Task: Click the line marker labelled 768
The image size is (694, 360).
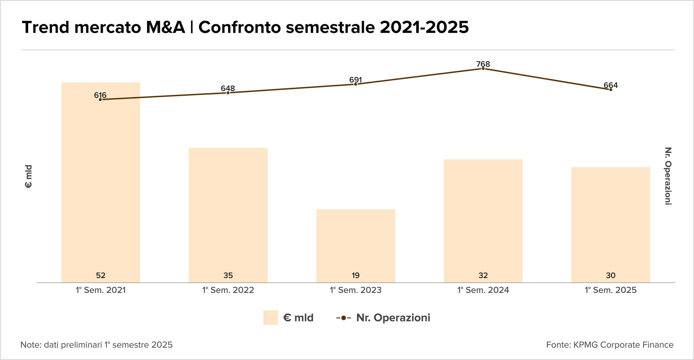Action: (483, 69)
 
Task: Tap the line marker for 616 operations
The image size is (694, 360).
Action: (100, 100)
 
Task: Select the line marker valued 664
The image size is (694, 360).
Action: (610, 90)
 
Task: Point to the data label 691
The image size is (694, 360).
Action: (355, 80)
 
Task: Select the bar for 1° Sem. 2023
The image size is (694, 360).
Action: (356, 242)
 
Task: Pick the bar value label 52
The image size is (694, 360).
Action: (100, 275)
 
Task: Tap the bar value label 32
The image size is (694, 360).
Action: (483, 275)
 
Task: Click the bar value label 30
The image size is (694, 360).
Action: (610, 275)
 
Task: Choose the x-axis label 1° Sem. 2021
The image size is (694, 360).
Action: (100, 290)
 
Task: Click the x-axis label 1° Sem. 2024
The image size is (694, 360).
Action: (483, 290)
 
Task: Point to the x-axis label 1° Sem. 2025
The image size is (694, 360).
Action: (610, 290)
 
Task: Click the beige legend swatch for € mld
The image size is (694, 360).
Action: (270, 318)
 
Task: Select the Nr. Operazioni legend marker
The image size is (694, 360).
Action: (343, 318)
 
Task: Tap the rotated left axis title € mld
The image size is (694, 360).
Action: (28, 176)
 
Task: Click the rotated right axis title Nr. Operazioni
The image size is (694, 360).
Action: (668, 176)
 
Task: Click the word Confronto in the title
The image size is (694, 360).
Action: (240, 27)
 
